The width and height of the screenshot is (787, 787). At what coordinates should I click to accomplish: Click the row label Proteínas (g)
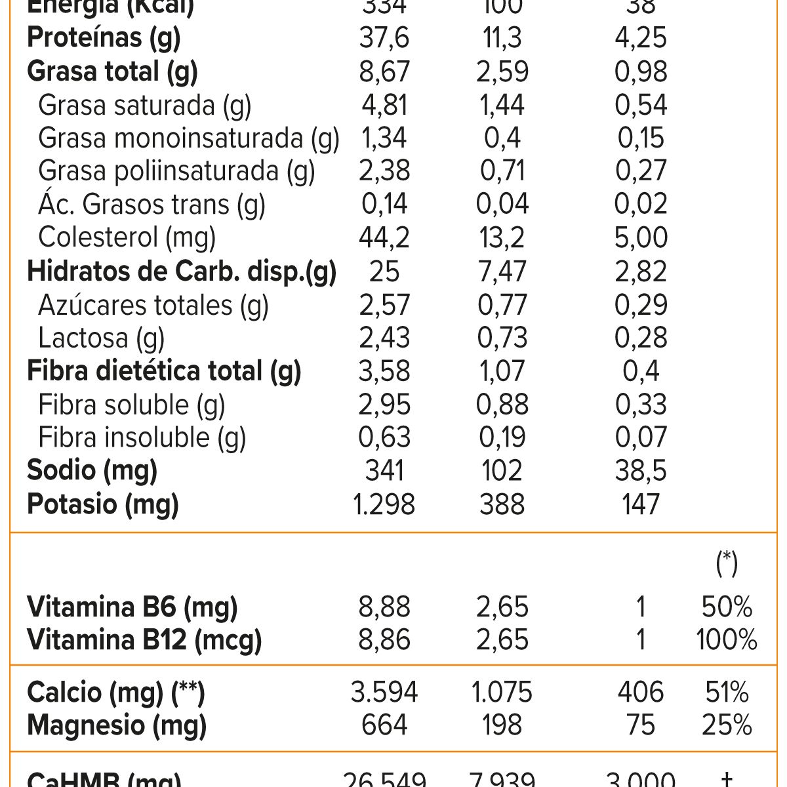tap(104, 38)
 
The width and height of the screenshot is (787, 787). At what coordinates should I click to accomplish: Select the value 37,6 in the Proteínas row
tap(384, 38)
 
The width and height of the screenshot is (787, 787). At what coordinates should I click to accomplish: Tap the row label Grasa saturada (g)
tap(144, 106)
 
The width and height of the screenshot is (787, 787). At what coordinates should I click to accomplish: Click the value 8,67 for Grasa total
tap(384, 71)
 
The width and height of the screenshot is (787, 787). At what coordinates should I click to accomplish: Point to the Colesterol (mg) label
tap(127, 238)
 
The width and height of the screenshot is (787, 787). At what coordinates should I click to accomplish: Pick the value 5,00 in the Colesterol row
tap(641, 238)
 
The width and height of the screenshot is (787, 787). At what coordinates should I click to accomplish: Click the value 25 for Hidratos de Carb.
tap(384, 272)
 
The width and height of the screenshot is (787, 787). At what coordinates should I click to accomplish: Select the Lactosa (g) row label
tap(101, 338)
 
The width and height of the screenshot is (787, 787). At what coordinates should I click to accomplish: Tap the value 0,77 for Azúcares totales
tap(502, 305)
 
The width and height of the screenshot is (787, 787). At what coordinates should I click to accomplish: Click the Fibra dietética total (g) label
tap(164, 371)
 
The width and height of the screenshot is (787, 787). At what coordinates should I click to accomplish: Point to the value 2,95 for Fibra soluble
tap(384, 405)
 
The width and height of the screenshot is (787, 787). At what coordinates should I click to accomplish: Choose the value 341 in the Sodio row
tap(384, 471)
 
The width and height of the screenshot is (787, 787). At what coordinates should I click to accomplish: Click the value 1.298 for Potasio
tap(384, 504)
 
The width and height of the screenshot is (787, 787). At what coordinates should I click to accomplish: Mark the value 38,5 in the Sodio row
tap(641, 471)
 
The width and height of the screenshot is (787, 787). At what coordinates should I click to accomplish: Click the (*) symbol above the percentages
tap(727, 563)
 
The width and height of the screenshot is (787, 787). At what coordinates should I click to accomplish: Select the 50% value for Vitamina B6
tap(727, 607)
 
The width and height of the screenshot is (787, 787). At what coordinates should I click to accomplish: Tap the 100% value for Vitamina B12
tap(727, 640)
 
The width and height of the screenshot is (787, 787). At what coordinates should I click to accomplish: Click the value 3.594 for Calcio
tap(384, 693)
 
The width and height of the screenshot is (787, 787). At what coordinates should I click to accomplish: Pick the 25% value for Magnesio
tap(727, 725)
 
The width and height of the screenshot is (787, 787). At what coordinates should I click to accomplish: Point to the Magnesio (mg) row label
tap(117, 725)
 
